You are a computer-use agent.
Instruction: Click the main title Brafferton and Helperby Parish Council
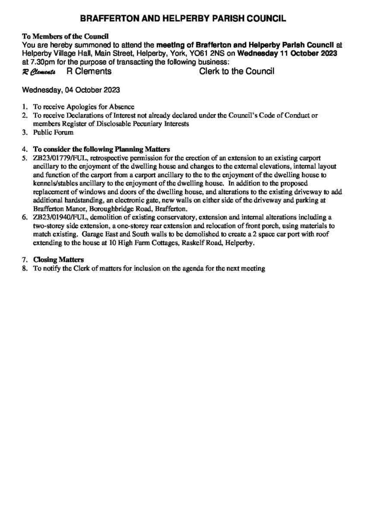coord(183,19)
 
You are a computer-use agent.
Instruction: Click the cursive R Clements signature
coord(39,72)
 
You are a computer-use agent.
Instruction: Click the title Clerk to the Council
coord(237,71)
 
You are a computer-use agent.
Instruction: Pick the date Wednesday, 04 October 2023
coord(71,90)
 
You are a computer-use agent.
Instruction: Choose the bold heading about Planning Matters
coord(101,149)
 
